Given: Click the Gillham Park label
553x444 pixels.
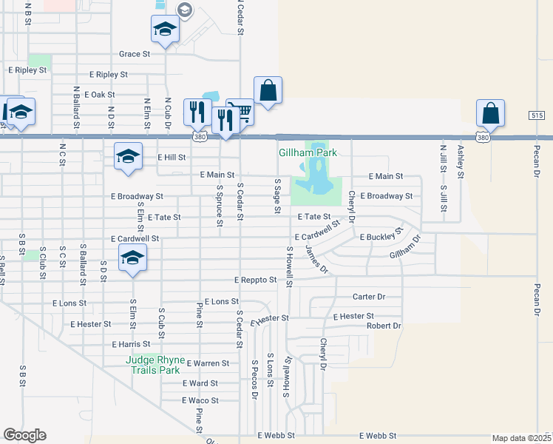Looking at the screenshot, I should click(308, 152).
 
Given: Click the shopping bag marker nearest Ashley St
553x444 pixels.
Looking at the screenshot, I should click(490, 113).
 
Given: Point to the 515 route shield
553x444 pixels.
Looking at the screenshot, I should click(537, 116).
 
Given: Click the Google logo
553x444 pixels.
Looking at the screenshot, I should click(24, 435).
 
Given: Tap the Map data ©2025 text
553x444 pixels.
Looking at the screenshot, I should click(520, 438).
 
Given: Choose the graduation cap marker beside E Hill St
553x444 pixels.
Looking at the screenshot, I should click(128, 156).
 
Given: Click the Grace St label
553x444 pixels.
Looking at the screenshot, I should click(135, 54).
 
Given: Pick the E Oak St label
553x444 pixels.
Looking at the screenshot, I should click(100, 95).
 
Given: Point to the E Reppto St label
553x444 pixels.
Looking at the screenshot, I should click(255, 280).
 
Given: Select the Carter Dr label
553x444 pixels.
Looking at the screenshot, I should click(369, 297).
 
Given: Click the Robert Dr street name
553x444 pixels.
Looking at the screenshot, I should click(384, 326).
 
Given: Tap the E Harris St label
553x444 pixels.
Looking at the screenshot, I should click(131, 344).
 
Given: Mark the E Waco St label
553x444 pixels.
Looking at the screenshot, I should click(200, 400).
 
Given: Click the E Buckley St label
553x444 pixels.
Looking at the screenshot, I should click(380, 237).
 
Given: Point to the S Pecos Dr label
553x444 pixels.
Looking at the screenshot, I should click(254, 379).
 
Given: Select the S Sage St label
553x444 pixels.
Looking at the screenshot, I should click(277, 195).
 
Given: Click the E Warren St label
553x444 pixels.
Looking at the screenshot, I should click(208, 363).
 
